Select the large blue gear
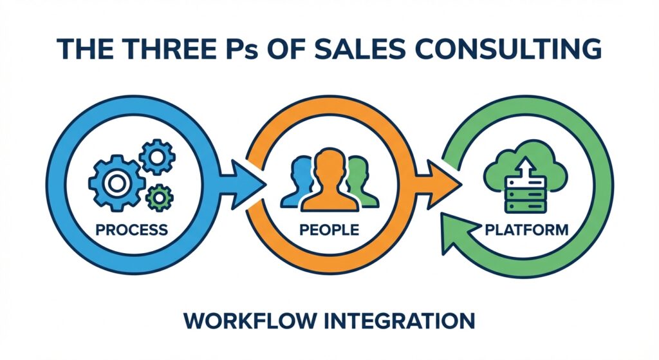click(116, 184)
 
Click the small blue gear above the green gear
click(158, 156)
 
